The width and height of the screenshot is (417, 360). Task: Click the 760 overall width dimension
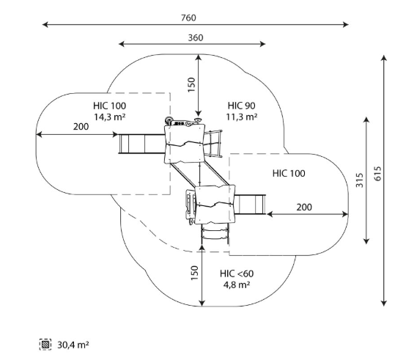188,18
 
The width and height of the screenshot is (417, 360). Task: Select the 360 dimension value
196,38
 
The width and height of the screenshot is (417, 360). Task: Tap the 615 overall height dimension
377,174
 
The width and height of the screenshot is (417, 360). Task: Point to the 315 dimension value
359,180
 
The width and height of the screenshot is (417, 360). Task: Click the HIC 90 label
241,106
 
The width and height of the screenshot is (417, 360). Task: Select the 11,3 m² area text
241,117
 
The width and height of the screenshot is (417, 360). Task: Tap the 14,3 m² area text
110,117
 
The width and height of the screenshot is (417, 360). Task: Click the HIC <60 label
237,273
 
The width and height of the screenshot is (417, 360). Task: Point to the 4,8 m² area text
237,284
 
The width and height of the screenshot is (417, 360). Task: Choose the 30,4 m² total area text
73,345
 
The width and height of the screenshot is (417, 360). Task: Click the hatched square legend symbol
45,345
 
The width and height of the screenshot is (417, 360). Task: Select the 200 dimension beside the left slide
81,127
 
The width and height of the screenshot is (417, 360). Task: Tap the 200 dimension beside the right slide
304,207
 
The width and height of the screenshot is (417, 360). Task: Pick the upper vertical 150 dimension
191,85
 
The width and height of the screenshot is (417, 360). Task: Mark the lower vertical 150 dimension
195,273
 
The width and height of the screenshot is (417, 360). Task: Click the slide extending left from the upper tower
141,144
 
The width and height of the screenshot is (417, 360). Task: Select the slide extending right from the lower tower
250,205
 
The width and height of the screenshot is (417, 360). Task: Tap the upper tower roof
185,144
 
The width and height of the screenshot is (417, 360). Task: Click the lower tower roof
215,205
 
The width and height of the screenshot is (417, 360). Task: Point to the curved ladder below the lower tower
215,234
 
